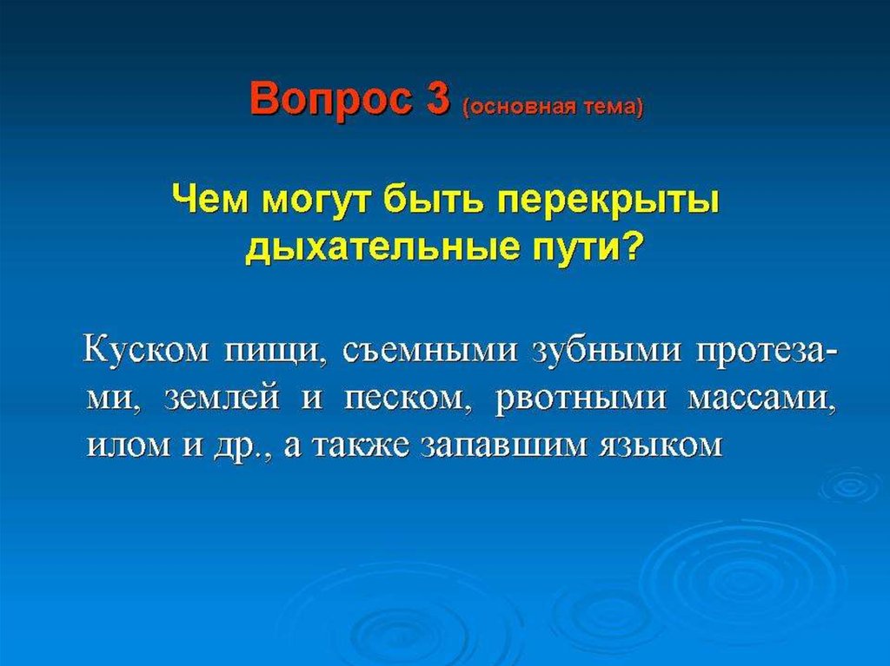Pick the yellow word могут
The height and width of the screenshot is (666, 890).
(320, 203)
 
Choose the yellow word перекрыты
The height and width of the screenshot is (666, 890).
(609, 203)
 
